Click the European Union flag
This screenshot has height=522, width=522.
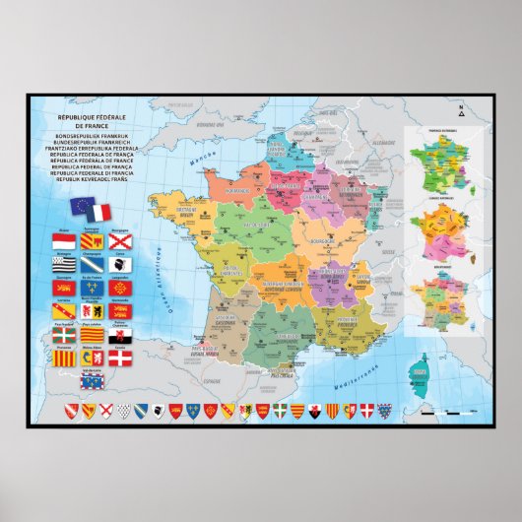pos(82,206)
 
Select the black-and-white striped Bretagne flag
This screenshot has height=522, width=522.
pos(63,263)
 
